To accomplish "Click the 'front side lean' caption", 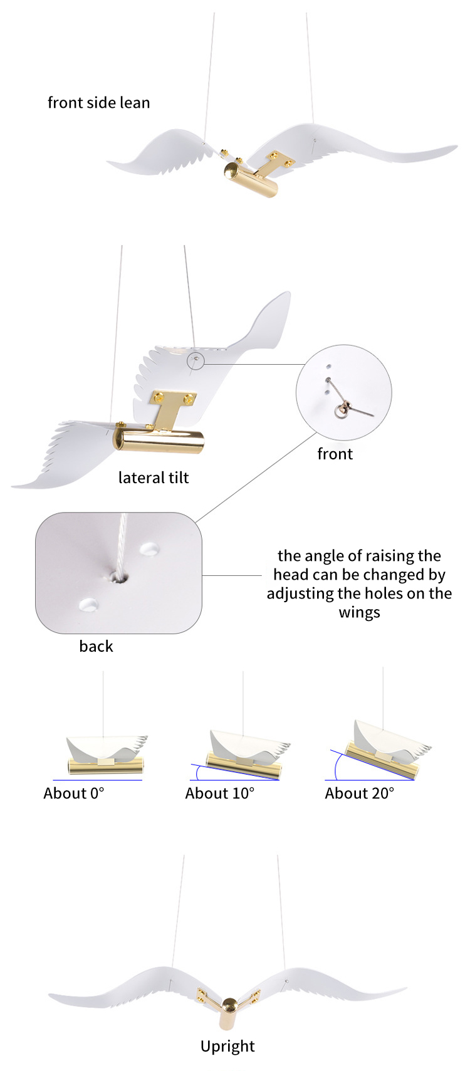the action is click(x=98, y=103).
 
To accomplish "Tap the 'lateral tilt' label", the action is click(x=154, y=478).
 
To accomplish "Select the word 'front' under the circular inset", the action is click(x=335, y=454).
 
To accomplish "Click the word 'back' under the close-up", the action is click(x=96, y=646).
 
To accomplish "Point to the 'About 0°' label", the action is click(x=73, y=793).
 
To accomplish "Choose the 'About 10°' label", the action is click(x=219, y=793).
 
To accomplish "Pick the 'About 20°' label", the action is click(x=360, y=793).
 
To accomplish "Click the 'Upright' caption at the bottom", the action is click(x=227, y=1046).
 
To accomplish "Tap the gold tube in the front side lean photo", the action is click(x=251, y=179).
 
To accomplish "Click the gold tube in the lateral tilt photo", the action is click(x=159, y=439).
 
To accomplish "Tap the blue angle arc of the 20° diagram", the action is click(x=337, y=767).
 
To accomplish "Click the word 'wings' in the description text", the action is click(x=359, y=612).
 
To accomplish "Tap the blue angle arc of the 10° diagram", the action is click(x=197, y=771).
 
